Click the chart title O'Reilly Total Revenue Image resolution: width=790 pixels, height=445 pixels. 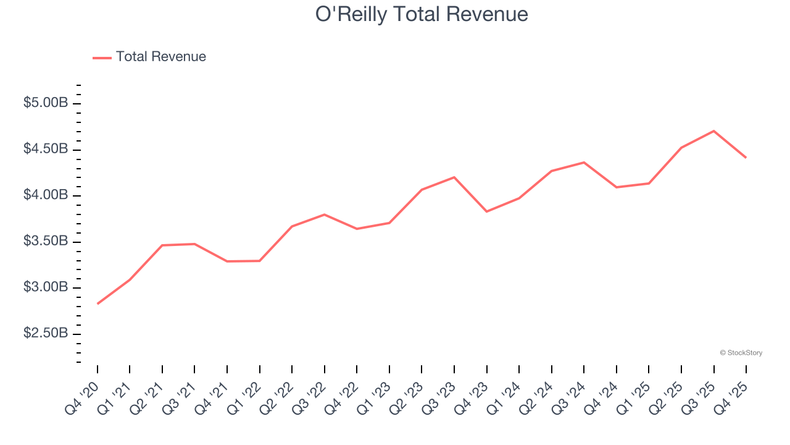tap(422, 14)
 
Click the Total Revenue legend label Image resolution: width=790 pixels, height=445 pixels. tap(160, 57)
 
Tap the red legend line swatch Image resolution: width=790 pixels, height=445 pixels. tap(102, 57)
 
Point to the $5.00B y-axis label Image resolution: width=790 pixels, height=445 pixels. tap(46, 103)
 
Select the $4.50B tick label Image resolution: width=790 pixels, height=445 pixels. tap(46, 149)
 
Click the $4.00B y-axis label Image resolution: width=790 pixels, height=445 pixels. tap(46, 195)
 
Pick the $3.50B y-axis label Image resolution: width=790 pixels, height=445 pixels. tap(46, 241)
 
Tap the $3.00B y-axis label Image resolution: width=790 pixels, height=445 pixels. tap(46, 287)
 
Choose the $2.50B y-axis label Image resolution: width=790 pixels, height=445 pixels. tap(46, 333)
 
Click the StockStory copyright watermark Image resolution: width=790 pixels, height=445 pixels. tap(741, 353)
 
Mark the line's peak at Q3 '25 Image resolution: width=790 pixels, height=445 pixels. tap(713, 131)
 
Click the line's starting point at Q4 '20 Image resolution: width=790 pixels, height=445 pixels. tap(98, 303)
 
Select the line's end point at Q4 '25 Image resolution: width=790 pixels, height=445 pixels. tap(746, 158)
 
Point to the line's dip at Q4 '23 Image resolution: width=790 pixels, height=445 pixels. tap(486, 211)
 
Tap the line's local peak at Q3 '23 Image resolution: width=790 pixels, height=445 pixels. tap(454, 177)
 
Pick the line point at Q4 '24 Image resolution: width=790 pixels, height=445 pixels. tap(616, 187)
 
